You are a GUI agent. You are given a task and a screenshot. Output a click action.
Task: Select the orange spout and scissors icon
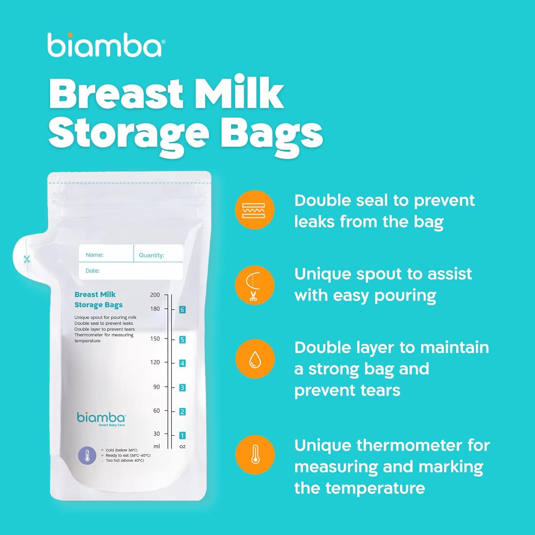(255, 285)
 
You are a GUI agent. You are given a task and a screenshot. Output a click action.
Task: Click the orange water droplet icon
(255, 358)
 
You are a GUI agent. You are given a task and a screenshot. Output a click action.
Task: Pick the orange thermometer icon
(255, 455)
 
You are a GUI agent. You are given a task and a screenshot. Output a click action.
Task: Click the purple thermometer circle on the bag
(87, 455)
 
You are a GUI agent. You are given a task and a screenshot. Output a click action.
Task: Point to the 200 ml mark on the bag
(155, 295)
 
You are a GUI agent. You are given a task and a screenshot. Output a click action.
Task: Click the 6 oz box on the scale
(182, 310)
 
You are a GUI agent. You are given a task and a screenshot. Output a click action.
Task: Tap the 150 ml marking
(155, 338)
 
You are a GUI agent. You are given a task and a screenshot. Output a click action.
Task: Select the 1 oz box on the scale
(182, 435)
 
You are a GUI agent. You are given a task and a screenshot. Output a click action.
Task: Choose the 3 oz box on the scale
(182, 388)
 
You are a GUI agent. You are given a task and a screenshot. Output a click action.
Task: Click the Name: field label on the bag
(95, 255)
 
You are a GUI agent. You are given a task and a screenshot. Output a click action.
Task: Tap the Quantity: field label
(152, 255)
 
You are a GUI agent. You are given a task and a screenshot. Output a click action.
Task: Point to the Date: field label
(93, 271)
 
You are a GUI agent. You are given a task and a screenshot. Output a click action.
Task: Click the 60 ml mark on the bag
(157, 411)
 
